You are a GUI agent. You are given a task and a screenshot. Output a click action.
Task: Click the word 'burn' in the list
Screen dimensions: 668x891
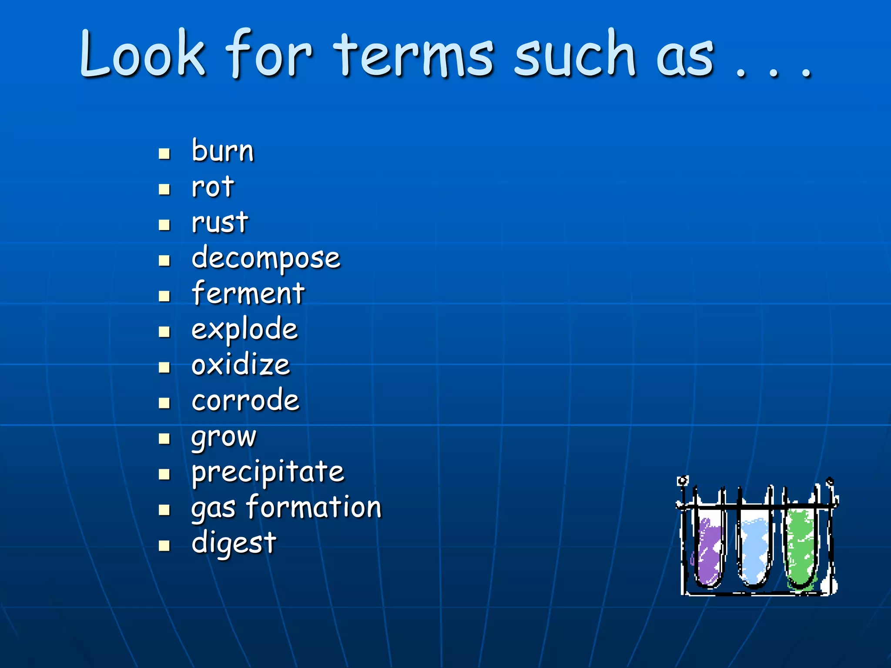[222, 151]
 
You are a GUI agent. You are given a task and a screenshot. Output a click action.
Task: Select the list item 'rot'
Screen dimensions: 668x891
[213, 187]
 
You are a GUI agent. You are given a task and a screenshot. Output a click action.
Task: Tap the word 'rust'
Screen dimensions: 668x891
[220, 222]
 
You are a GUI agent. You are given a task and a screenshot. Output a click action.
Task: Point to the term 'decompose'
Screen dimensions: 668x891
[266, 259]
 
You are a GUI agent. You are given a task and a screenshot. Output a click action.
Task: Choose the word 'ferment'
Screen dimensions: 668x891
[248, 294]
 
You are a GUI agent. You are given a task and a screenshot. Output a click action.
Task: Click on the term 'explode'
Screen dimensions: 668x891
[245, 330]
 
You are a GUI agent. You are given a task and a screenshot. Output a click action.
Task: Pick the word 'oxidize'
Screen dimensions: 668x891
[241, 365]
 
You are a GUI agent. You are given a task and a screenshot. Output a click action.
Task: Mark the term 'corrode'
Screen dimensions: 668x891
[245, 401]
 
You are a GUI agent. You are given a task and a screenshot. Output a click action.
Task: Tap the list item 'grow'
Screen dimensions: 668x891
[224, 437]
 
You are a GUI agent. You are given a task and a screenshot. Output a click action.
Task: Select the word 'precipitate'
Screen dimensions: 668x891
[268, 472]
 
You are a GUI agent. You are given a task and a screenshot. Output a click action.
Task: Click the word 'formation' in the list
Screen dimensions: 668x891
[314, 508]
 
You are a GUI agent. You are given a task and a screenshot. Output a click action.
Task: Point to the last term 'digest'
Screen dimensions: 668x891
[234, 544]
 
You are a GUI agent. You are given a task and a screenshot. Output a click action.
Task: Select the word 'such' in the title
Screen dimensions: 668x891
[575, 54]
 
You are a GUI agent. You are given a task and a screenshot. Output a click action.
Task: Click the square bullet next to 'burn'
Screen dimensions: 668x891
[164, 154]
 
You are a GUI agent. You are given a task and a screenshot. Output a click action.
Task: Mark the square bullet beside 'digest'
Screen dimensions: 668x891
[164, 545]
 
